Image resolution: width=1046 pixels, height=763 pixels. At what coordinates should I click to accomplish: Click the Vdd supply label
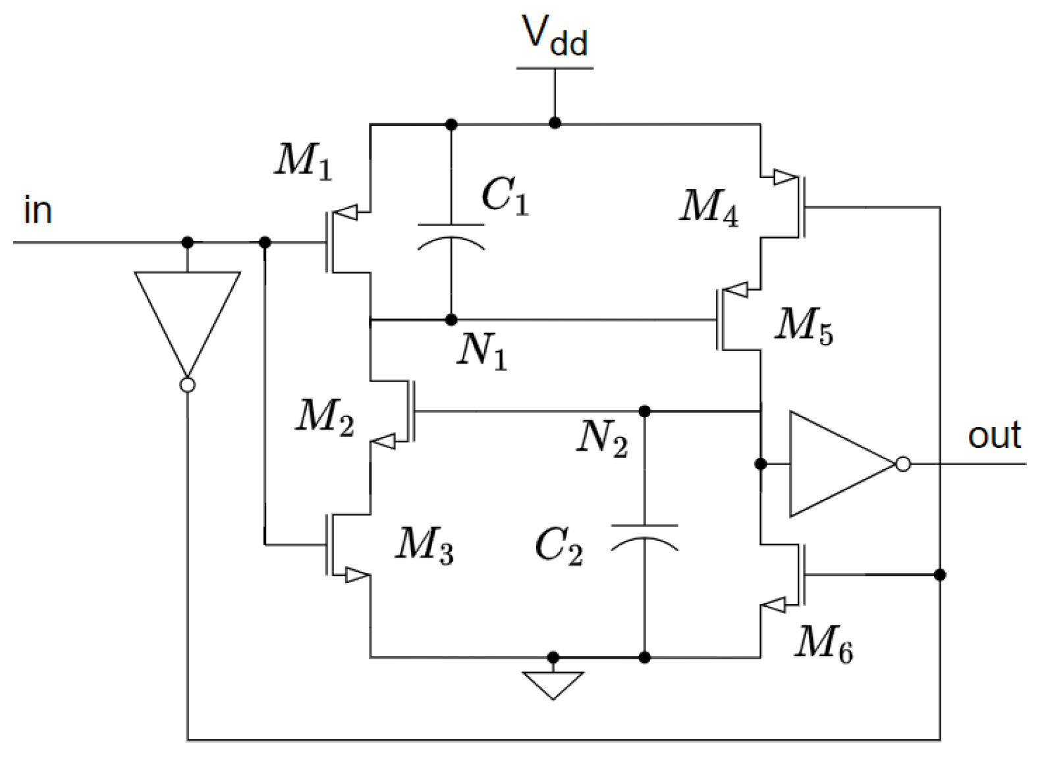[x=555, y=37]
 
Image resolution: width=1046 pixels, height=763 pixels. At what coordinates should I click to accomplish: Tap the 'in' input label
[x=38, y=211]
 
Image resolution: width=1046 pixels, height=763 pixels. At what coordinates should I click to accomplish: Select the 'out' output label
[x=994, y=436]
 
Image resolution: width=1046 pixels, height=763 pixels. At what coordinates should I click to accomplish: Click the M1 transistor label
[x=303, y=160]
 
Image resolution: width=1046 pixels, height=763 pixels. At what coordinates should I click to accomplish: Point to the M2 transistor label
[x=325, y=417]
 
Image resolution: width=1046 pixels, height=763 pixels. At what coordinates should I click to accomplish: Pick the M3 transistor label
[x=424, y=546]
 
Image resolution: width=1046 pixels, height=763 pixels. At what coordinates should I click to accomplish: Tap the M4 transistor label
[x=709, y=207]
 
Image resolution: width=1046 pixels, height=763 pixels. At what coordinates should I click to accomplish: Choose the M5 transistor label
[x=803, y=326]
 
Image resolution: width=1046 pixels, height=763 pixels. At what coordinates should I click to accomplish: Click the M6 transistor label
[x=823, y=642]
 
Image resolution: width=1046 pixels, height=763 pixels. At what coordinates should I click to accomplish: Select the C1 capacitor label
[x=505, y=196]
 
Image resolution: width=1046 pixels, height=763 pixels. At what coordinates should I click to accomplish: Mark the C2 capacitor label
[x=559, y=547]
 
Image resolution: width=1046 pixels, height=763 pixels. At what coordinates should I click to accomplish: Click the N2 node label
[x=602, y=438]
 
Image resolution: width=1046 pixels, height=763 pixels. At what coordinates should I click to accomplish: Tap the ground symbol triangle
[x=553, y=684]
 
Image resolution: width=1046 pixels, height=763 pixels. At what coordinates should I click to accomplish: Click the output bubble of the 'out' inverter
[x=903, y=464]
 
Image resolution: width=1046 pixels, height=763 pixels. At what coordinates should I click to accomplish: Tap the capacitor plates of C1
[x=451, y=236]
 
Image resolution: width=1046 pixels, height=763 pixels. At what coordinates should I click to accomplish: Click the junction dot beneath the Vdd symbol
[x=555, y=123]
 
